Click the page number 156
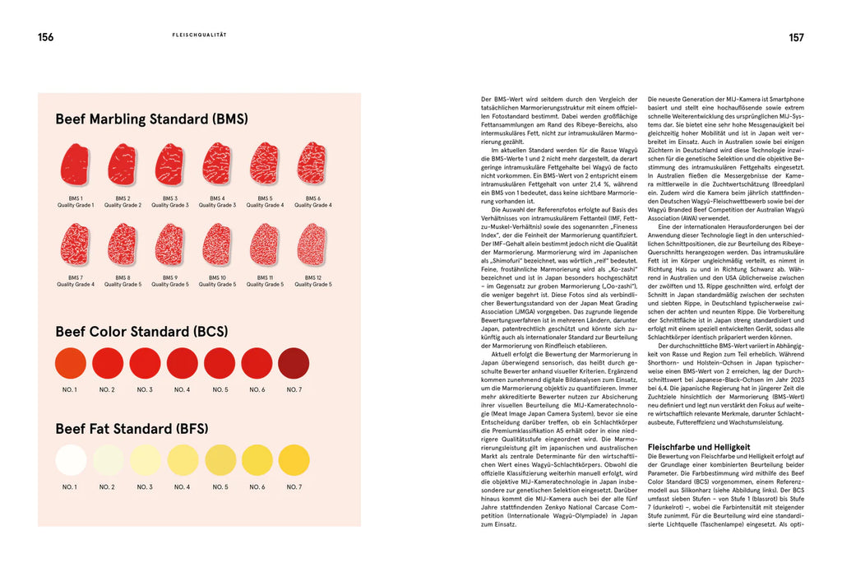(x=45, y=37)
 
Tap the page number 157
(x=796, y=37)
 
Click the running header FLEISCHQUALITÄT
(x=199, y=35)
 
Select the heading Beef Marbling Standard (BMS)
(x=151, y=119)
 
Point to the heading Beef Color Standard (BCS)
(x=141, y=332)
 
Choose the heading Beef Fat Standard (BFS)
(x=132, y=429)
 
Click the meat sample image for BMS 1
(x=75, y=164)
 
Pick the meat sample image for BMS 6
(x=313, y=163)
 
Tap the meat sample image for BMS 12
(x=313, y=244)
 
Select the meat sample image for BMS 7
(x=75, y=244)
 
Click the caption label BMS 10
(x=218, y=278)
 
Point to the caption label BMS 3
(x=170, y=198)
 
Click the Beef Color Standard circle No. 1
(x=71, y=363)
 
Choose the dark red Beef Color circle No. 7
(x=294, y=363)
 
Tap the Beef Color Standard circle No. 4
(x=183, y=363)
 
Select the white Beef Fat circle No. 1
(x=71, y=460)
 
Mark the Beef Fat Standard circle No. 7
(x=294, y=460)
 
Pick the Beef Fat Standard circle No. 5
(x=220, y=460)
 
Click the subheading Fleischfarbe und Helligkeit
(x=698, y=447)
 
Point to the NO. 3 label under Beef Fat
(x=145, y=487)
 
